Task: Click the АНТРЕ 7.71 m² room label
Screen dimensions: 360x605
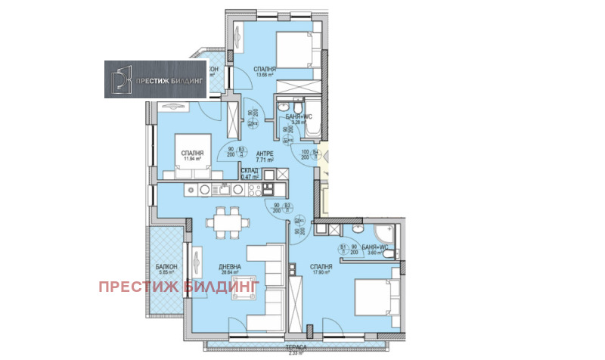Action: [264, 156]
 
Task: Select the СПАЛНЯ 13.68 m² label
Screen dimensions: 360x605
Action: [265, 70]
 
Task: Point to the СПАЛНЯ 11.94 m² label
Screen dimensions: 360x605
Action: [193, 156]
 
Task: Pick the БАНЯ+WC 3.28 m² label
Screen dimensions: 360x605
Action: [296, 119]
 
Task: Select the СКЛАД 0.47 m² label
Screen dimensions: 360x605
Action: [250, 174]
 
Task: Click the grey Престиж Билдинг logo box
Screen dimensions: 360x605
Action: [156, 79]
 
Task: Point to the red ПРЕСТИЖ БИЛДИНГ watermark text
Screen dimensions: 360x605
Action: [178, 286]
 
